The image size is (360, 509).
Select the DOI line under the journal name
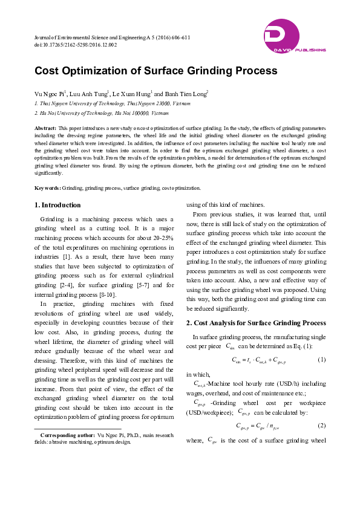point(76,45)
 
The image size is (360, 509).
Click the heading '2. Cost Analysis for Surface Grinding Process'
point(255,322)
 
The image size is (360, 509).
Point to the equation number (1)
point(321,360)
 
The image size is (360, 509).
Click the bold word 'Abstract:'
point(45,129)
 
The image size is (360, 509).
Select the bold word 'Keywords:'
point(48,188)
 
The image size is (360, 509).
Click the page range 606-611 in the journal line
point(178,37)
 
